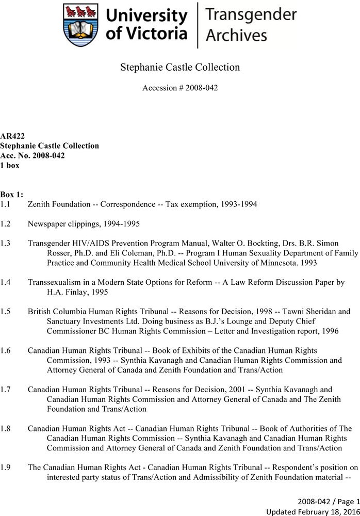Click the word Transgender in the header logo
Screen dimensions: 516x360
pos(251,15)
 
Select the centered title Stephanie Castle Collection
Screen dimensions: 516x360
pos(180,67)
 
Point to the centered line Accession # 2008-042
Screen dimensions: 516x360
pos(180,88)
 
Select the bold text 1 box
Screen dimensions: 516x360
pos(10,166)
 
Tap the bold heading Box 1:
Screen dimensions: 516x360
pos(12,195)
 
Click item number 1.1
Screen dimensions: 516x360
pos(6,204)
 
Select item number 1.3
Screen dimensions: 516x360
pos(6,243)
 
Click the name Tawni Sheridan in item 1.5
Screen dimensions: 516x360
pos(313,312)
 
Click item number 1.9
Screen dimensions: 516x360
pos(6,467)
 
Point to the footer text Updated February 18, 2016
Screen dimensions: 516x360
pos(313,511)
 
